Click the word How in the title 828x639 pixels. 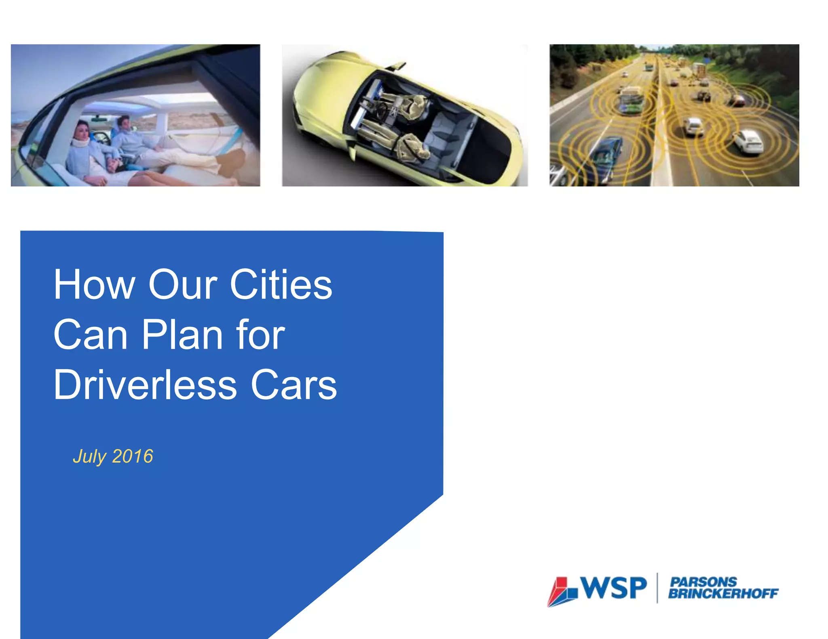(94, 285)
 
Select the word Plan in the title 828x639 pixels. (182, 335)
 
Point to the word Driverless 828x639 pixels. (145, 385)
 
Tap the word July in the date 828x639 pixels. (89, 457)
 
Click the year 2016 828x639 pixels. (133, 456)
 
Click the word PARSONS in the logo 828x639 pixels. (703, 582)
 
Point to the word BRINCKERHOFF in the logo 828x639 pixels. (723, 593)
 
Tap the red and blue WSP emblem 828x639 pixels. (562, 592)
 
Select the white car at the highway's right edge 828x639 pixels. (748, 142)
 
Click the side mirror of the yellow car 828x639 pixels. (398, 65)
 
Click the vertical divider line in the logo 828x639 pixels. (657, 588)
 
